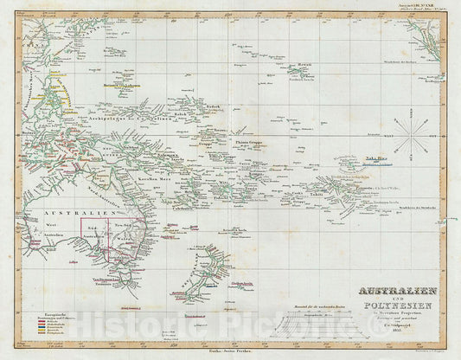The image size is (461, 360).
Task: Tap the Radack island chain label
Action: (x=213, y=107)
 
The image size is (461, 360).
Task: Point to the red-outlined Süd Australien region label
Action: (x=97, y=235)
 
